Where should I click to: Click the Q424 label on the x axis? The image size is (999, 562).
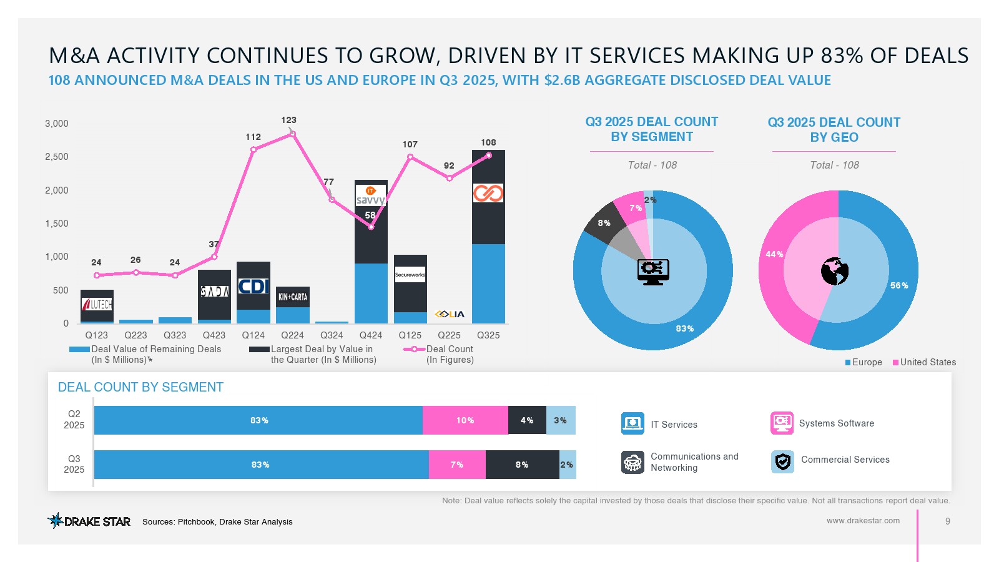pyautogui.click(x=371, y=335)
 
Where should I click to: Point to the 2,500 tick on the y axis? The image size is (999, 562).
pyautogui.click(x=57, y=157)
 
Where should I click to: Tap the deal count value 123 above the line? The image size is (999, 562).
pyautogui.click(x=288, y=120)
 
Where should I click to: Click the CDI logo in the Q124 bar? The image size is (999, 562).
pyautogui.click(x=253, y=286)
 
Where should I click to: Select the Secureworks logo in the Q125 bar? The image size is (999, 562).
pyautogui.click(x=410, y=275)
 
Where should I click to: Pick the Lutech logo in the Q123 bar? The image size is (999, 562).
pyautogui.click(x=97, y=305)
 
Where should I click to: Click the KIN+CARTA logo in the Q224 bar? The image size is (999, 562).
pyautogui.click(x=293, y=297)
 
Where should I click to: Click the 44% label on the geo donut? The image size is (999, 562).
pyautogui.click(x=774, y=254)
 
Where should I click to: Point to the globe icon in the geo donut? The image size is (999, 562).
pyautogui.click(x=835, y=271)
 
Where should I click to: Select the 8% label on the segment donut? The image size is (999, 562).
pyautogui.click(x=604, y=223)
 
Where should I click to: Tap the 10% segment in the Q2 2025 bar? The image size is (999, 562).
pyautogui.click(x=465, y=420)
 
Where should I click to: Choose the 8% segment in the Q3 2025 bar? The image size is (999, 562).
pyautogui.click(x=522, y=465)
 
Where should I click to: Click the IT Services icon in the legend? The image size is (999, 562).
pyautogui.click(x=632, y=423)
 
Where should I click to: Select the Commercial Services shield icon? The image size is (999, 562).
pyautogui.click(x=782, y=461)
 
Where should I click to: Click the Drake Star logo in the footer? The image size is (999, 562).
pyautogui.click(x=89, y=521)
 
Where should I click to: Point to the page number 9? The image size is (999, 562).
pyautogui.click(x=948, y=521)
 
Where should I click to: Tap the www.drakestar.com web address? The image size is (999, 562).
pyautogui.click(x=863, y=520)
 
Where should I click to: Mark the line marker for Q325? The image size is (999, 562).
pyautogui.click(x=489, y=155)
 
